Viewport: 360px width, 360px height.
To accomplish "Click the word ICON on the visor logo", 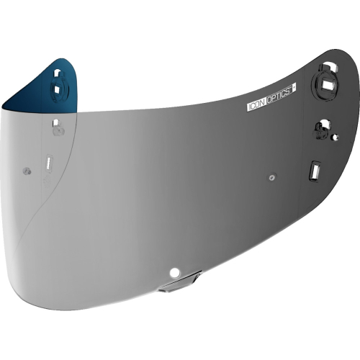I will point(255,107).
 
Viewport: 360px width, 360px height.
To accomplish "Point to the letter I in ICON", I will point(248,109).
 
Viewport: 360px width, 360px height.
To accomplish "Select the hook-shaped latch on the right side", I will point(322,130).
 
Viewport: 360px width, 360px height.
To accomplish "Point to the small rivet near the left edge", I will point(27,171).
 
